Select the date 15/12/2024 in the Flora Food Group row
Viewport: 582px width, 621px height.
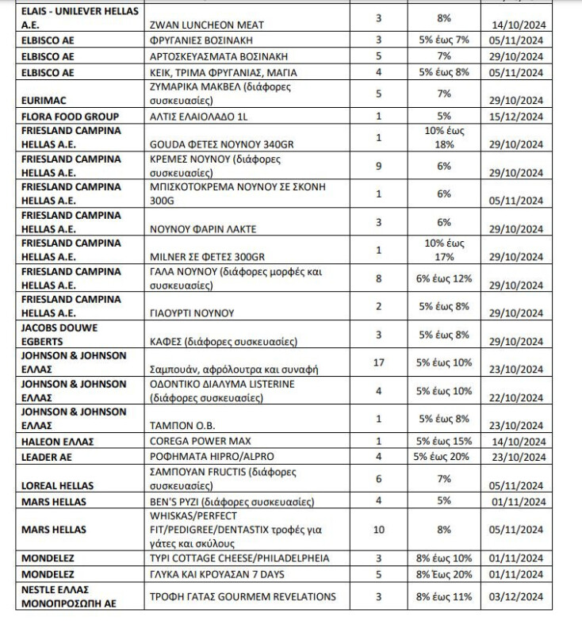[x=520, y=117]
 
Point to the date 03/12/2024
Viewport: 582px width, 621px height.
[x=520, y=596]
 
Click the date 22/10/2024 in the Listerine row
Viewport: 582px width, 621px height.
[x=520, y=391]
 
